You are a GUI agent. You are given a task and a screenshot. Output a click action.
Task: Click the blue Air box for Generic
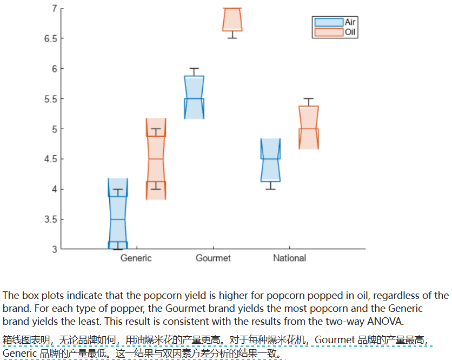117,214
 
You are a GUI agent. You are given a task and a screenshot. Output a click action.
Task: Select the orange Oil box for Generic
156,159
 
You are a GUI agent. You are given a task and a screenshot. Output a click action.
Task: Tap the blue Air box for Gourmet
194,97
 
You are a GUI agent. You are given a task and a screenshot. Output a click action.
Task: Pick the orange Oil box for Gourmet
232,20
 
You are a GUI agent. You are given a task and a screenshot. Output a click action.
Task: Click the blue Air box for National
270,160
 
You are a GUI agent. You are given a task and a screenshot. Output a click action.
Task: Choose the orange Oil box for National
309,128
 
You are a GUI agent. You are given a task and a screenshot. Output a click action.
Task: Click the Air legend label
350,22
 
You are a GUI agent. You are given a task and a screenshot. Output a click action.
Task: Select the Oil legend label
350,32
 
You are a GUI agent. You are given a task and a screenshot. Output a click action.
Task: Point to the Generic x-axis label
136,258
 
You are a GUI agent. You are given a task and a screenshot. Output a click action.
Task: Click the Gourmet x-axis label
213,258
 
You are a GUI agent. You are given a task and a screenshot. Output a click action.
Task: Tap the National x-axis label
289,258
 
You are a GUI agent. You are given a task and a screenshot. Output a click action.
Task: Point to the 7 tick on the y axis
54,8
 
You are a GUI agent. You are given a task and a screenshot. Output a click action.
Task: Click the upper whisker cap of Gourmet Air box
194,69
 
